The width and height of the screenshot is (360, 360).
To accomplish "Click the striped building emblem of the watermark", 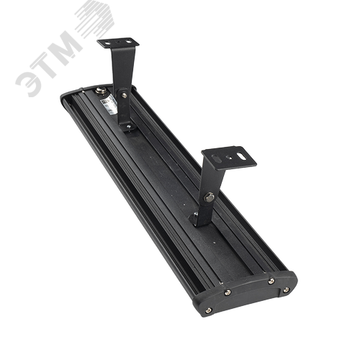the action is coord(94,19).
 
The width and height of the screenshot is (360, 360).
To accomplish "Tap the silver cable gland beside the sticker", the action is coord(99,91).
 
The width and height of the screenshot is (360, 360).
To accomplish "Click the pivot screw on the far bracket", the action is coord(124,95).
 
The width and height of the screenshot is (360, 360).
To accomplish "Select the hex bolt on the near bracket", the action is coord(210,197).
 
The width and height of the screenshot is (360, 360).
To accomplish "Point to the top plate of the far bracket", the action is coord(118,43).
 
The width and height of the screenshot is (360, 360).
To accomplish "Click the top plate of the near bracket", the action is coord(229,158).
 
